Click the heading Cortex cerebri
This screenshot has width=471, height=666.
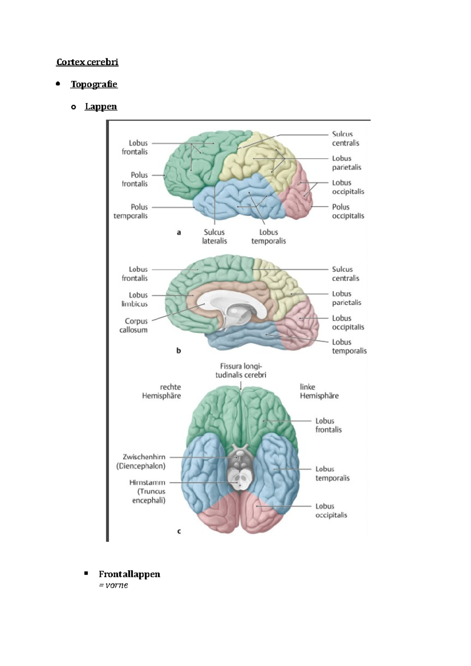(87, 62)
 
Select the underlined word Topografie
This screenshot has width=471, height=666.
(94, 84)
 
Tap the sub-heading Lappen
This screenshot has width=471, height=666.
(101, 107)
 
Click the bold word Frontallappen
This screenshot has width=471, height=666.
(129, 574)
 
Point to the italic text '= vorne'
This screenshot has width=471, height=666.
(113, 585)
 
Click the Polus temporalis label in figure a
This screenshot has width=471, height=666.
(131, 211)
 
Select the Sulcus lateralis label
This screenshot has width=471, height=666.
(214, 237)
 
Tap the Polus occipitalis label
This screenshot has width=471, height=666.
(348, 211)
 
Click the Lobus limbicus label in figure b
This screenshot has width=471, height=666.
(135, 299)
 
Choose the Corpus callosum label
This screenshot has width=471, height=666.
(134, 326)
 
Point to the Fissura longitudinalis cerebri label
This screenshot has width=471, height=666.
(241, 371)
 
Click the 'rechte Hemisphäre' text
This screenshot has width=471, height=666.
(161, 391)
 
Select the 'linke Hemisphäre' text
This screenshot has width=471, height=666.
(319, 391)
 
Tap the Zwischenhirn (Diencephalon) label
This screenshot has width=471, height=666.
(141, 461)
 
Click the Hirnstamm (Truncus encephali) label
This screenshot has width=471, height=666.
(148, 491)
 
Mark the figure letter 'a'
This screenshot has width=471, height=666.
(179, 233)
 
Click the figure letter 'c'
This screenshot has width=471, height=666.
(179, 531)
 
